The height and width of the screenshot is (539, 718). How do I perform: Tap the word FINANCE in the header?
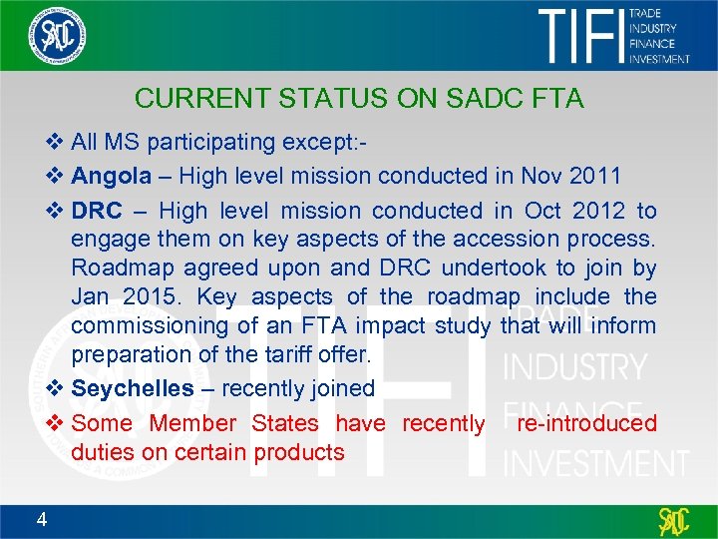(x=651, y=44)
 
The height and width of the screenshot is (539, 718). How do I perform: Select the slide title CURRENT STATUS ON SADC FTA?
(x=359, y=99)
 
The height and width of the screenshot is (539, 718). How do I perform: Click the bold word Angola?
(x=112, y=177)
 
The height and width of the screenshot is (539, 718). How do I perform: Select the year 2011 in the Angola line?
(x=597, y=177)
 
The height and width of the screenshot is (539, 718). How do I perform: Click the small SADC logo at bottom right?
(x=675, y=521)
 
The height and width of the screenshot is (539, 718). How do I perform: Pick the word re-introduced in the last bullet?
(x=586, y=423)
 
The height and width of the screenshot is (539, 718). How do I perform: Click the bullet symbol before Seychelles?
(x=55, y=388)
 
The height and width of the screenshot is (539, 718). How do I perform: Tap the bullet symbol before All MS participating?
(x=55, y=143)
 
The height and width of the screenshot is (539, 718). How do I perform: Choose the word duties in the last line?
(x=103, y=452)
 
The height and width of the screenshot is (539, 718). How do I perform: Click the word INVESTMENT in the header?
(x=658, y=59)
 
